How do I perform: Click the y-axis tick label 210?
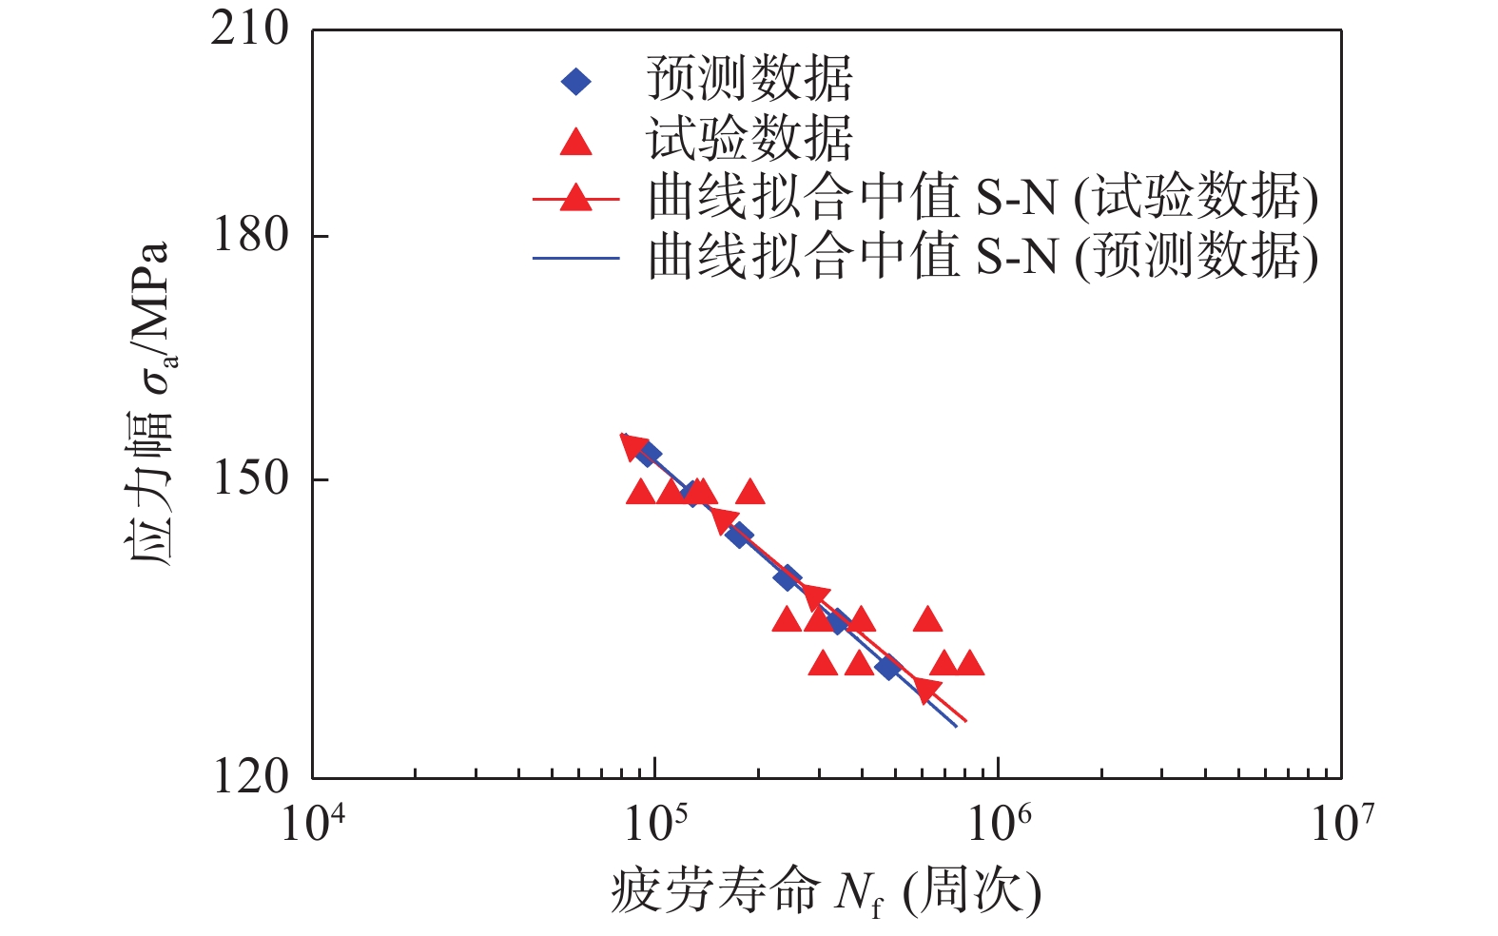(x=250, y=29)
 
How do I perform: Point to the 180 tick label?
(x=250, y=235)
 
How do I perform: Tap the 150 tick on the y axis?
(x=250, y=478)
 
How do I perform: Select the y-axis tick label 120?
(x=250, y=777)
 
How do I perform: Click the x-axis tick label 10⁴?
(x=313, y=822)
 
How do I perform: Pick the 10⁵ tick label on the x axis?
(x=655, y=822)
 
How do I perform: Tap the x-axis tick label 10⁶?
(x=999, y=822)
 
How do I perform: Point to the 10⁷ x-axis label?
(x=1342, y=822)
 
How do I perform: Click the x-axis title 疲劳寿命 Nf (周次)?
(x=826, y=893)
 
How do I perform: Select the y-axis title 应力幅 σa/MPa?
(x=150, y=404)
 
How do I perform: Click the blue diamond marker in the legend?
(x=575, y=82)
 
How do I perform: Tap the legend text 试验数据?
(x=749, y=140)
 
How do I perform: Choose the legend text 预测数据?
(x=749, y=79)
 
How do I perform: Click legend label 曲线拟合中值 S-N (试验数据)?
(x=982, y=198)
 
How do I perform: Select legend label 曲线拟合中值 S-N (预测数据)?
(x=982, y=257)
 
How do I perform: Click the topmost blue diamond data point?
(x=648, y=454)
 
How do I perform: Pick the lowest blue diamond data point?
(x=887, y=668)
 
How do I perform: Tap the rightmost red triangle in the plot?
(x=969, y=662)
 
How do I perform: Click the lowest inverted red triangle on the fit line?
(x=926, y=690)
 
